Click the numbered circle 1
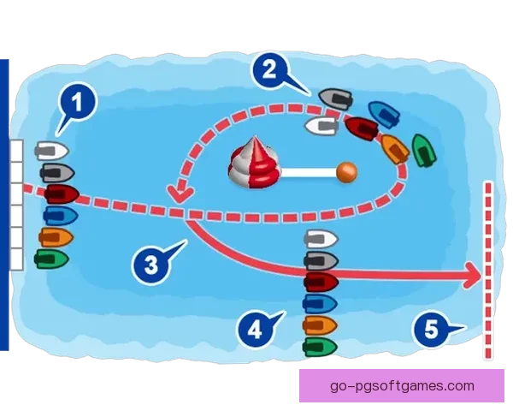[x=77, y=104]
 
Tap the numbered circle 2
[x=269, y=69]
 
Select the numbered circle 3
[x=150, y=263]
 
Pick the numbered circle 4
[x=253, y=327]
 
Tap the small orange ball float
[x=345, y=171]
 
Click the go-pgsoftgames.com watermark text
[x=401, y=385]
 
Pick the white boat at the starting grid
[x=51, y=152]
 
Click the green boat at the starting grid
[x=51, y=258]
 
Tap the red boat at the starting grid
[x=61, y=194]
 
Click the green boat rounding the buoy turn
[x=423, y=150]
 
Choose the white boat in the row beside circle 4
[x=321, y=239]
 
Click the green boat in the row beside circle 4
[x=320, y=346]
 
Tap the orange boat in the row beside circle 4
[x=320, y=325]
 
